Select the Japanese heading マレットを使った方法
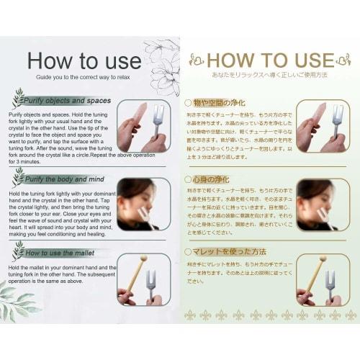tap(230, 251)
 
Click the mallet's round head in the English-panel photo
tap(143, 258)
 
